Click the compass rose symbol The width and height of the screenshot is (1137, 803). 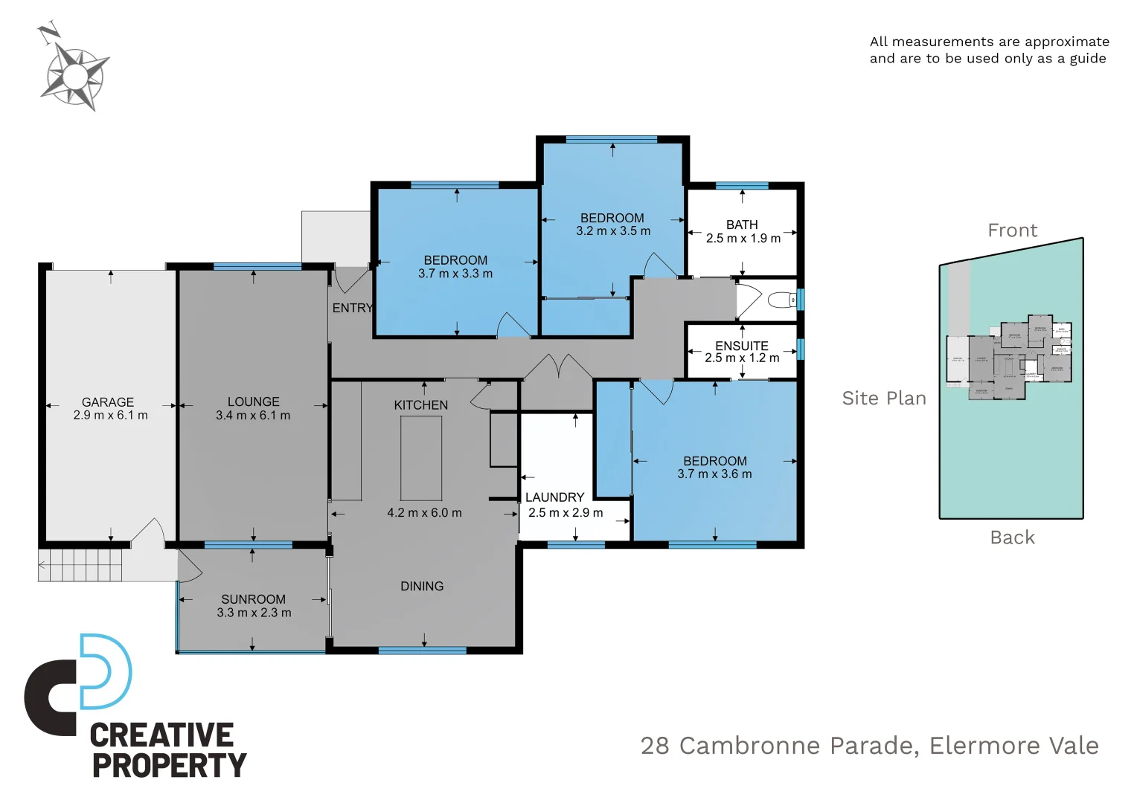74,75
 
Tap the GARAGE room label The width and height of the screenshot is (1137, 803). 108,402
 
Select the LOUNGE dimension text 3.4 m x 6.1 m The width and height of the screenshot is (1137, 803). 253,416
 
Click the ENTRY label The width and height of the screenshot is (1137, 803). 352,308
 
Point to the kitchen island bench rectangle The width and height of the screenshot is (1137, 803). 421,458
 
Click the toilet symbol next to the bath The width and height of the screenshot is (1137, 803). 782,300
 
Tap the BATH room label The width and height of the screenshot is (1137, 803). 742,225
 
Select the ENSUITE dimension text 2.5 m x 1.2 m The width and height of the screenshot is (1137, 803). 742,358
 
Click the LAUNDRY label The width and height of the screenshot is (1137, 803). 555,497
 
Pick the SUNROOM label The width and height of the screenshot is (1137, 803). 253,599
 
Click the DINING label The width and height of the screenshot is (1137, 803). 422,587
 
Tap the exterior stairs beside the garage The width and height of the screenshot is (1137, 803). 80,565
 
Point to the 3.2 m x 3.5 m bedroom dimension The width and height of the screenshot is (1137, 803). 613,231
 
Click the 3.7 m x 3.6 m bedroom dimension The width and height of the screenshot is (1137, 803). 714,474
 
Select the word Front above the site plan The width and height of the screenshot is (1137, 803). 1012,230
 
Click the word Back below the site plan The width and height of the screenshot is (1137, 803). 1012,538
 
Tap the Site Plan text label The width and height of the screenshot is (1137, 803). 884,399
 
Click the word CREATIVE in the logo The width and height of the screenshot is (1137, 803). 161,735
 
